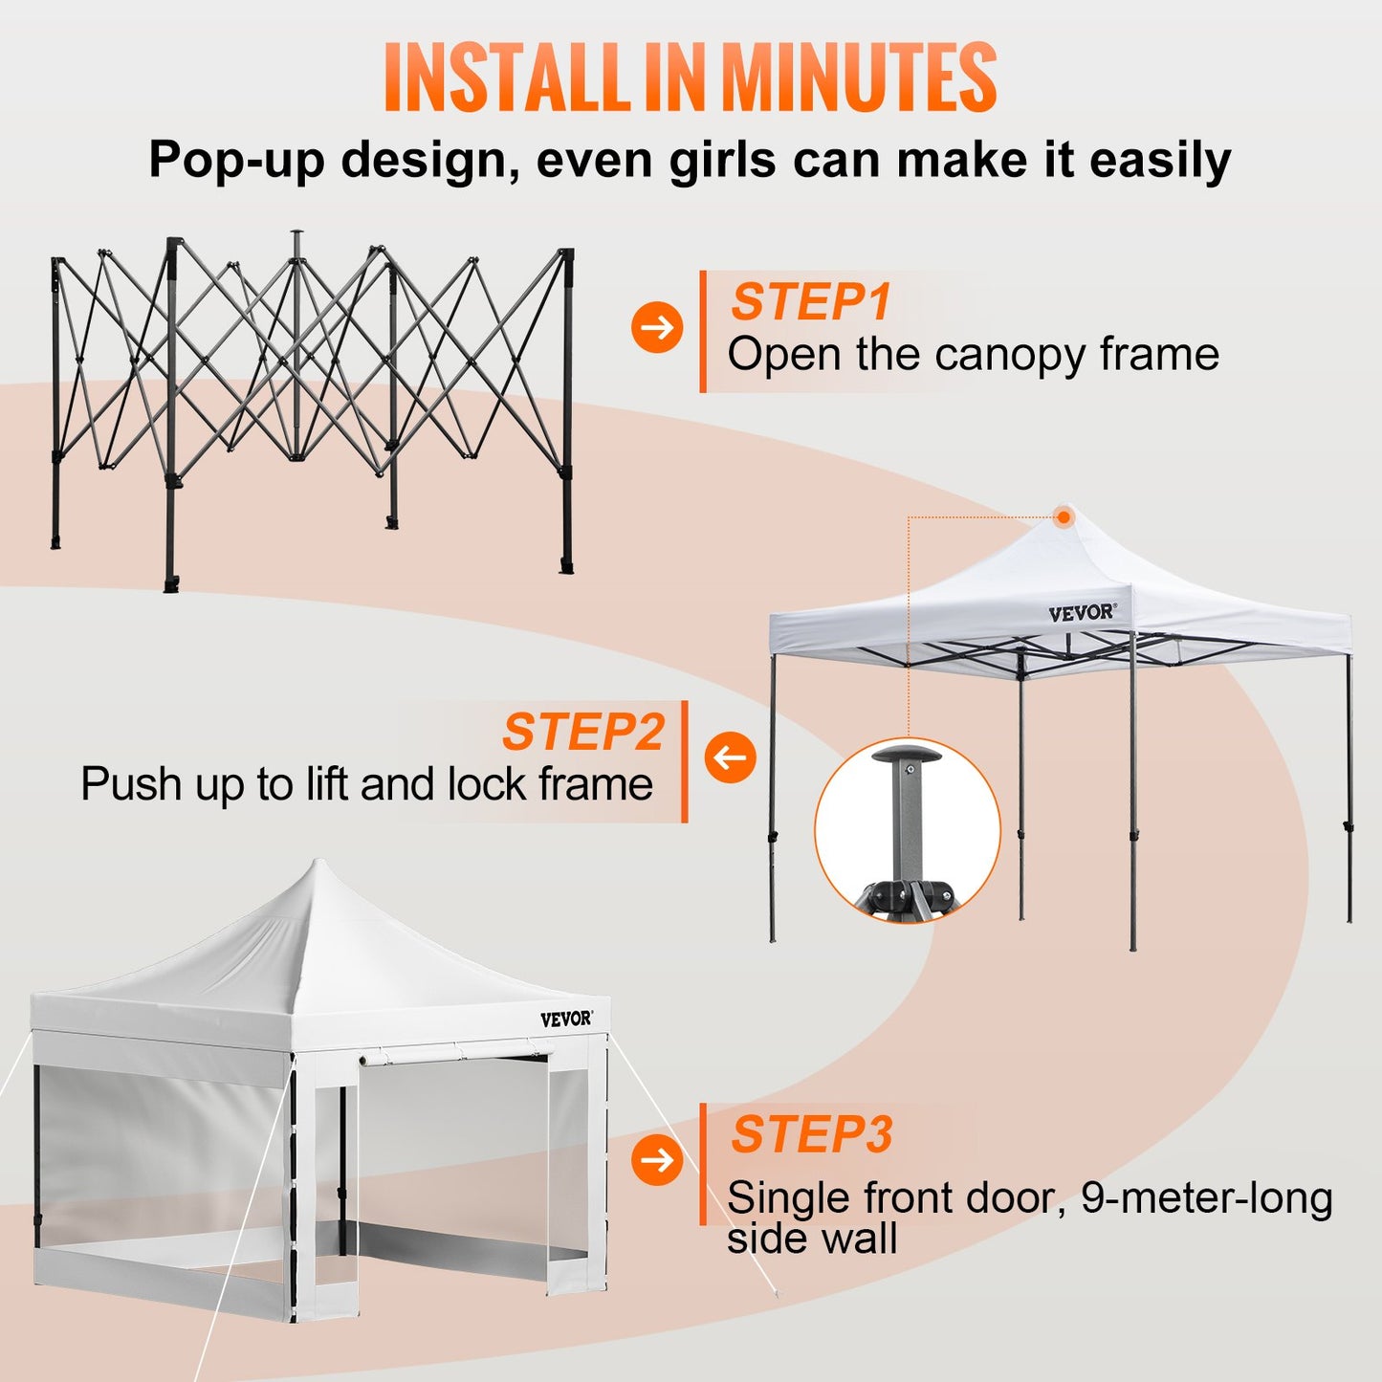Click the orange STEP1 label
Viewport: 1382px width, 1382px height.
click(811, 302)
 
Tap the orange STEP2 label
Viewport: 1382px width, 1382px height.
click(583, 733)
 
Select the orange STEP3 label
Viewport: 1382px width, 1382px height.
click(812, 1134)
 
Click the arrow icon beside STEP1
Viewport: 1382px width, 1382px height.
click(657, 327)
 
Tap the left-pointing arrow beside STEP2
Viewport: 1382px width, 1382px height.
click(730, 757)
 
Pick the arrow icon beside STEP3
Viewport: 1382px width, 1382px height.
click(657, 1160)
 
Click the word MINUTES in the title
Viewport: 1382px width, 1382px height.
click(858, 78)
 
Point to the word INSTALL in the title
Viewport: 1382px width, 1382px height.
click(503, 78)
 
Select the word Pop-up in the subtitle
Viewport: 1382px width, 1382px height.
click(236, 160)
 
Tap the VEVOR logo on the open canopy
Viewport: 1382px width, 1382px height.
click(1082, 613)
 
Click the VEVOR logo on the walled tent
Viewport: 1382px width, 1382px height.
click(566, 1020)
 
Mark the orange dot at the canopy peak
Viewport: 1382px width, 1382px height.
click(1064, 516)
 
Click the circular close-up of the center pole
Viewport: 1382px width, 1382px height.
click(907, 830)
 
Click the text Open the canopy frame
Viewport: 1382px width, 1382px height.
click(973, 355)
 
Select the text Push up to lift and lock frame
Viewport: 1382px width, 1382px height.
click(366, 785)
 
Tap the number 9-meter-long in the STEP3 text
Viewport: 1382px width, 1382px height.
click(1206, 1198)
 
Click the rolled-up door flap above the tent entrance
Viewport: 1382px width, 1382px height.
click(454, 1055)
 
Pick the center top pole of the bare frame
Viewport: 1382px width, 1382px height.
click(296, 251)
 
